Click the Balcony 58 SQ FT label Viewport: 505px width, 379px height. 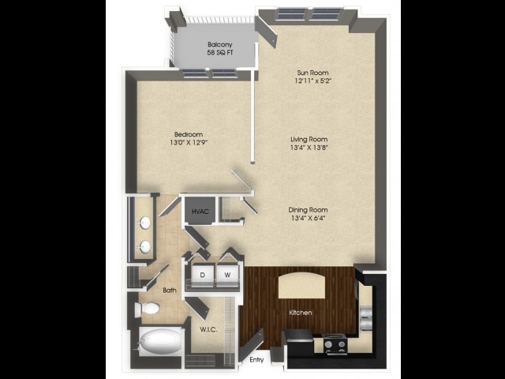220,48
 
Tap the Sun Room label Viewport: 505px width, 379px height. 312,73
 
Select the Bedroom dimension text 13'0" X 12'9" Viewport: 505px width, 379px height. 189,142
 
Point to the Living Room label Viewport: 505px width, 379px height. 309,139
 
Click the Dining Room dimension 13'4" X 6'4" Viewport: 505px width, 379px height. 308,218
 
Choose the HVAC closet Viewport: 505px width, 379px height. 200,211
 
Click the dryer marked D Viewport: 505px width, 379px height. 202,275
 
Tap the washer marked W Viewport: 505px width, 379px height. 228,275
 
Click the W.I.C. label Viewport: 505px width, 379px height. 208,330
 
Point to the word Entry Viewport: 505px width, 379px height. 256,360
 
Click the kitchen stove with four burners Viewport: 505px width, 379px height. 335,344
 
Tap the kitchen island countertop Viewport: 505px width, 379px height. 301,285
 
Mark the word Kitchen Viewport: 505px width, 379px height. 301,313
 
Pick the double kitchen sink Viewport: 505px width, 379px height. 366,318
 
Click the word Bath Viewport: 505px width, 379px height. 170,290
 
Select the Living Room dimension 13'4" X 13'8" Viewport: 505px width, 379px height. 309,148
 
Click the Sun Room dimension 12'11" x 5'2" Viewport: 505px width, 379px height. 312,81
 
